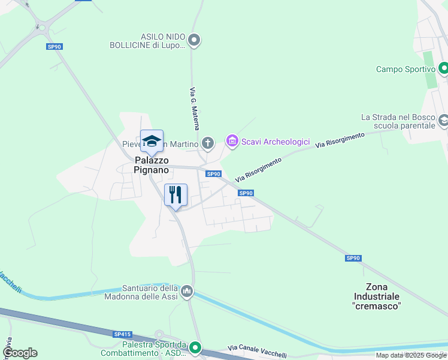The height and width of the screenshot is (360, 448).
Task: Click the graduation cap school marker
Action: [x=152, y=142]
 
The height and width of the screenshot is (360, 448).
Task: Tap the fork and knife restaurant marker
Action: [x=175, y=194]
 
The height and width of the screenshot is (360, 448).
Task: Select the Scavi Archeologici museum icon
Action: [x=232, y=142]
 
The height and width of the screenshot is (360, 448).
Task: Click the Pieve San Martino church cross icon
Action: [x=207, y=143]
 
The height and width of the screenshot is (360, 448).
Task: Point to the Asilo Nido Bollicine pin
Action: [x=193, y=40]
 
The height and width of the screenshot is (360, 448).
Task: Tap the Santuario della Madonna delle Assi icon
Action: [x=187, y=292]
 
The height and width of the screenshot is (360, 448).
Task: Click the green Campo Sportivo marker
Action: [x=443, y=68]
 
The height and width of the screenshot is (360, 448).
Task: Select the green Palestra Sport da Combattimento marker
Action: [x=195, y=347]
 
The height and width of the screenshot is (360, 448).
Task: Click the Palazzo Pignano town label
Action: [x=152, y=166]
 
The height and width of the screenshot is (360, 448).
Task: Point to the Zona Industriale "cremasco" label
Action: [x=377, y=296]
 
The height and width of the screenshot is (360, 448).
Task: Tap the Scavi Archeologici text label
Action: [x=276, y=142]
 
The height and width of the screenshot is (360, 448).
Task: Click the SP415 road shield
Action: [x=122, y=334]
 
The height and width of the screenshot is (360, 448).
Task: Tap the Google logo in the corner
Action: [x=20, y=353]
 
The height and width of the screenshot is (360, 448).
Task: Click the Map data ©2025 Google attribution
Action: [x=411, y=355]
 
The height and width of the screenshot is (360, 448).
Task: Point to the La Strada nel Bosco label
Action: [x=398, y=121]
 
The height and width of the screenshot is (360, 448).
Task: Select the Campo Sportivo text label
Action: [x=405, y=69]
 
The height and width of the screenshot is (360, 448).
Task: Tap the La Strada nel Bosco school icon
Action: [x=444, y=121]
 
